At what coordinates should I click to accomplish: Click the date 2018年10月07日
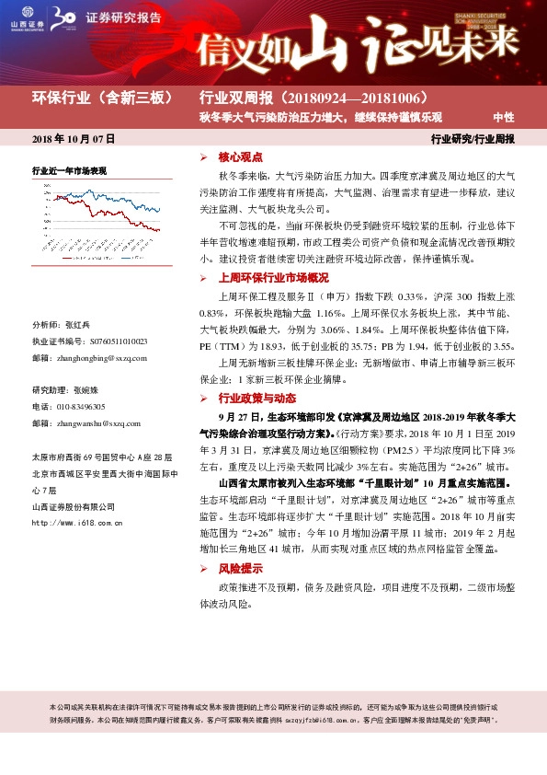73,139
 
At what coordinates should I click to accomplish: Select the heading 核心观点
240,157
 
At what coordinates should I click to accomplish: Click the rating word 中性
503,117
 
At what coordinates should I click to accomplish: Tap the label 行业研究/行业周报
473,139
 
